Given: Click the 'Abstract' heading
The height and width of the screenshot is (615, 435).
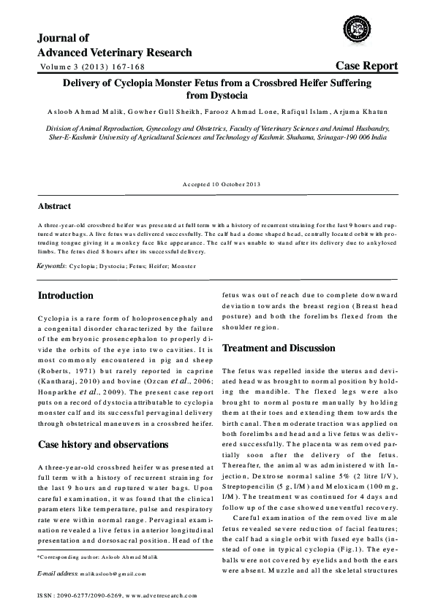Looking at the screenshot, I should pos(54,206).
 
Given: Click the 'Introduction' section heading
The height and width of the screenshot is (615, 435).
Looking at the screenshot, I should pos(75,296).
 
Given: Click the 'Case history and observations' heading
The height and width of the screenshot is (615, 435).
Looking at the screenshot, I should pos(103,445).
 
